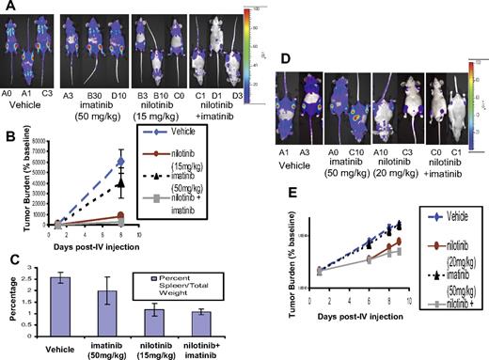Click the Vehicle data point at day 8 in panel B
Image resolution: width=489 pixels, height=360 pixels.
(x=120, y=162)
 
